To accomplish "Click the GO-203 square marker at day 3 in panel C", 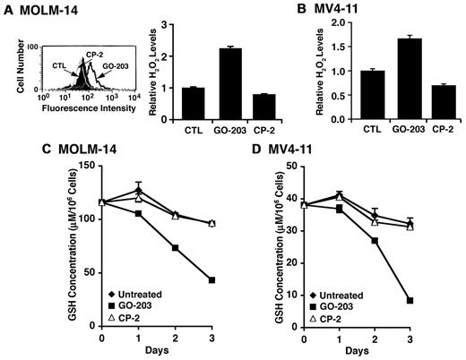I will click(211, 280).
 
